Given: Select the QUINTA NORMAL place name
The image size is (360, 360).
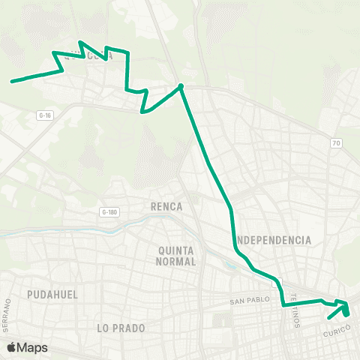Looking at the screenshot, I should [177, 256].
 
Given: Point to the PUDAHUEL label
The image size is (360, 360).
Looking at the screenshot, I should [52, 295].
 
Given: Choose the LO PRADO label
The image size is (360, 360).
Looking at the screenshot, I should [120, 328].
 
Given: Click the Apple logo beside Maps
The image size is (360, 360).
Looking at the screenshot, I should [12, 347].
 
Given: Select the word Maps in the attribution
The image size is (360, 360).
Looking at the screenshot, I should [34, 347].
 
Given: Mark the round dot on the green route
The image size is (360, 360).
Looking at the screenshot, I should [181, 86].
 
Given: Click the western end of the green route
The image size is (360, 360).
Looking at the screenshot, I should [11, 81].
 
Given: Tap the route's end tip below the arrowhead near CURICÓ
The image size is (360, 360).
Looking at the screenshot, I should [328, 328].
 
